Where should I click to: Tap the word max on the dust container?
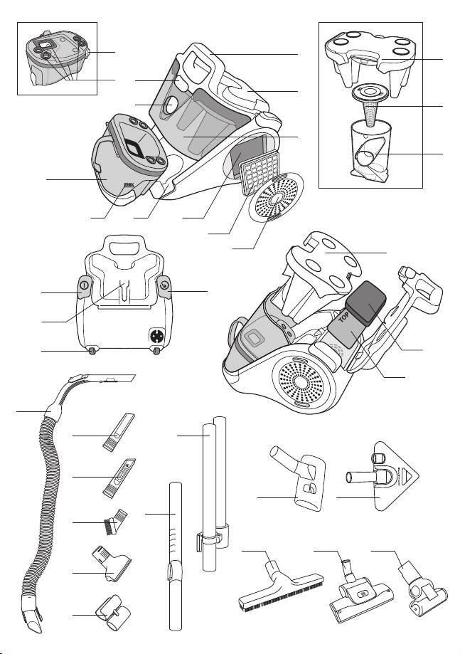click(x=130, y=189)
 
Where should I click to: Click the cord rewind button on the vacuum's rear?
click(x=164, y=287)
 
